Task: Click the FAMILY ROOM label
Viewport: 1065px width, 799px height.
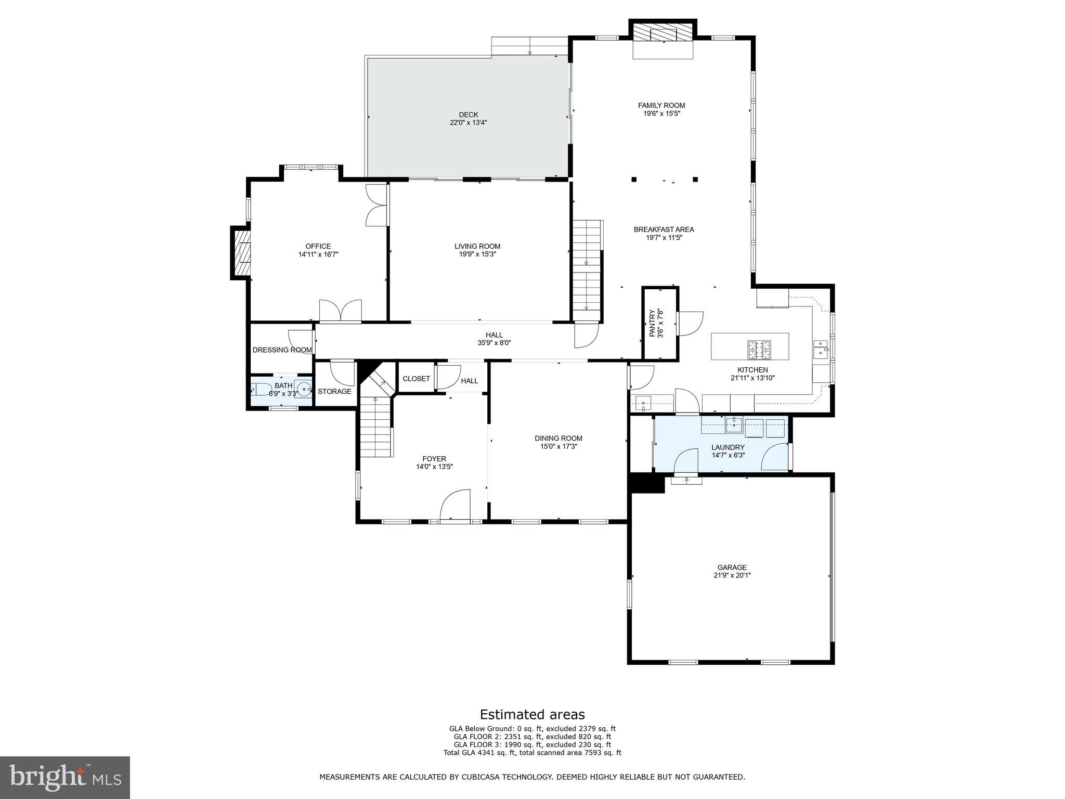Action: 661,105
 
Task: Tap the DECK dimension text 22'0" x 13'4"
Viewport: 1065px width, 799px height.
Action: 468,123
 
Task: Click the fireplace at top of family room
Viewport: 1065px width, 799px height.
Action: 663,35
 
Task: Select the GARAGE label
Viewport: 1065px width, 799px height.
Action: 732,568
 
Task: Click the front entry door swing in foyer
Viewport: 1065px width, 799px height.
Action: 456,505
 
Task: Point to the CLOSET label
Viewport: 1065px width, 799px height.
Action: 416,379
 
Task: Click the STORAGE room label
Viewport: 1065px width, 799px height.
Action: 334,391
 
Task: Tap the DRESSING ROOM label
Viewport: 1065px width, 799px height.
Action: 282,350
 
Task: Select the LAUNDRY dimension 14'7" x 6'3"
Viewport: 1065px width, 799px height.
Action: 728,455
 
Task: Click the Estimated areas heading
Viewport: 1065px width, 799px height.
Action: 532,714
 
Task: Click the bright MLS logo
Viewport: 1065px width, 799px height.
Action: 64,777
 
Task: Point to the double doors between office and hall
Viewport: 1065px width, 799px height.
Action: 340,311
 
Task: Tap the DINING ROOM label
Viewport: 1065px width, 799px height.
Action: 559,439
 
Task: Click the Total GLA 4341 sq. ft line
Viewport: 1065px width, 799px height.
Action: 532,753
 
